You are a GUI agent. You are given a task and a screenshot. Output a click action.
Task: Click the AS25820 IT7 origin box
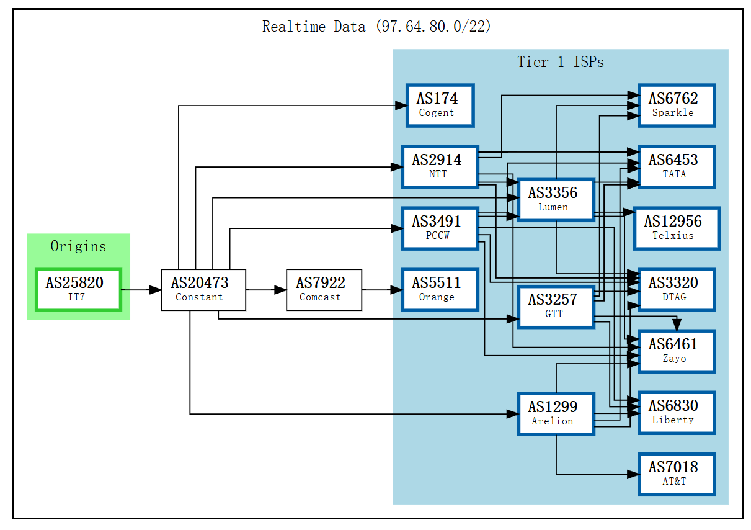click(79, 290)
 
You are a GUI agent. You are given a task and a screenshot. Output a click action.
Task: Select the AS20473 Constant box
click(203, 290)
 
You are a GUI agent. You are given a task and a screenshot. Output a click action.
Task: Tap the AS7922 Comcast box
click(324, 290)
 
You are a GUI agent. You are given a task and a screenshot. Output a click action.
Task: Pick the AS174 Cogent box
click(440, 106)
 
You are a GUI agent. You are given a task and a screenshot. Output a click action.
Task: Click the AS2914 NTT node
click(440, 167)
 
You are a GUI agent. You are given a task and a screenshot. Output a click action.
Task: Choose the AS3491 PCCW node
click(440, 229)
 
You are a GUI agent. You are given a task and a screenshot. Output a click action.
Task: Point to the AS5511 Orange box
click(440, 290)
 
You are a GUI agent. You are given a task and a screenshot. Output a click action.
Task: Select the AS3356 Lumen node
click(556, 200)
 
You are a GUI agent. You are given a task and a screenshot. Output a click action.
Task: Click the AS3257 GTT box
click(556, 307)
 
